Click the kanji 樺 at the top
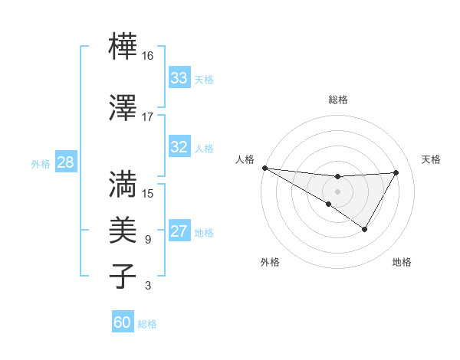point(123,46)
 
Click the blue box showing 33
point(179,78)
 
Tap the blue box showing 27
point(179,231)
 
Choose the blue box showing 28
point(65,162)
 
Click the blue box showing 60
point(123,322)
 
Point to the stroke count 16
point(147,56)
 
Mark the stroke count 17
point(147,117)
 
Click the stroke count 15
point(147,194)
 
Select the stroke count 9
point(147,240)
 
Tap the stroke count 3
point(147,286)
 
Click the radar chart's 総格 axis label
point(337,100)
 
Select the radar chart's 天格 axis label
point(431,159)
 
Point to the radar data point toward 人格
point(264,167)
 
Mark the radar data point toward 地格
point(365,229)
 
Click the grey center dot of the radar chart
point(337,190)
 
